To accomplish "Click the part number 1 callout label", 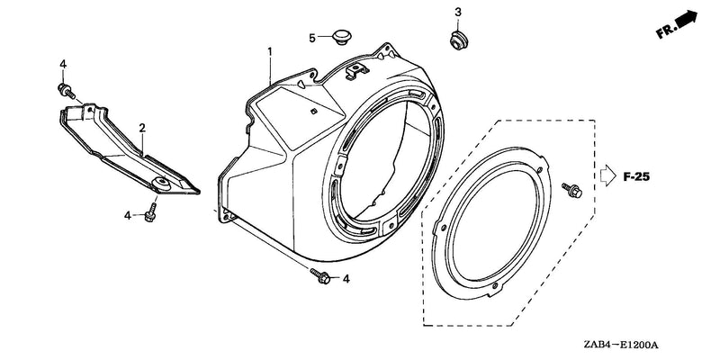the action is [270, 51].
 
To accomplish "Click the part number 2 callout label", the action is [142, 128].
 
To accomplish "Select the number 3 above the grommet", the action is [458, 13].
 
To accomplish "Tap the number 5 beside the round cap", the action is [312, 38].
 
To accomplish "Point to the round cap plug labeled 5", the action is [340, 36].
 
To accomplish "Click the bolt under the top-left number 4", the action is [67, 91].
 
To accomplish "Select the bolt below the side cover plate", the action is [150, 213].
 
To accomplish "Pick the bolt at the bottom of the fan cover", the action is [320, 275].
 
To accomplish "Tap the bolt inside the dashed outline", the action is [572, 190].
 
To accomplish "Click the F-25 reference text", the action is [637, 176].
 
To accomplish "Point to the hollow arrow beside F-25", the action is [608, 175].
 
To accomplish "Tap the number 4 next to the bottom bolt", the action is [346, 279].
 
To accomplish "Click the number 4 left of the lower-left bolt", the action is [128, 215].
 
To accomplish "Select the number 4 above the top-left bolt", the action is [63, 64].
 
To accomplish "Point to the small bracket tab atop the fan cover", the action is [357, 69].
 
